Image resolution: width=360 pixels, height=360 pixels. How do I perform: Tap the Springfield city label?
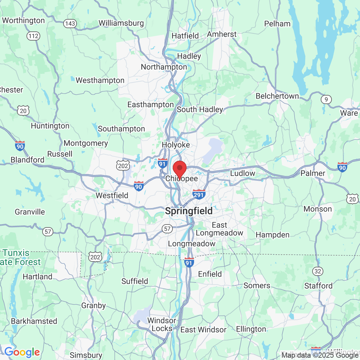(x=189, y=211)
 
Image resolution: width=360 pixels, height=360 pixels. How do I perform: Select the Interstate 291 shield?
(x=199, y=195)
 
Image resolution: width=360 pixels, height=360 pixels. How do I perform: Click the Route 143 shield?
(x=70, y=24)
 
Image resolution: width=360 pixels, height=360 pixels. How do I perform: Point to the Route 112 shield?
(x=33, y=36)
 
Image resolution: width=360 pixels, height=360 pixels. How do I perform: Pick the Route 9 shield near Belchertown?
(x=326, y=99)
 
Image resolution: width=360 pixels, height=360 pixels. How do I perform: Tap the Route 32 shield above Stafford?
(x=317, y=271)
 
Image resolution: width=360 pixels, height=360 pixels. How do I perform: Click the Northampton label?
(x=164, y=67)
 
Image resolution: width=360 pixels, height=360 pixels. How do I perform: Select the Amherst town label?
(x=222, y=34)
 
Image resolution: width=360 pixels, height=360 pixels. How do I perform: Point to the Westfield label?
(x=112, y=196)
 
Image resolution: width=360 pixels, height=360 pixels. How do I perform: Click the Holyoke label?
(x=176, y=145)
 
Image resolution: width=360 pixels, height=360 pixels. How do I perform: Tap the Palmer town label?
(x=313, y=173)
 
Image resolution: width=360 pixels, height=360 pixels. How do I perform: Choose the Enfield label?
(x=210, y=274)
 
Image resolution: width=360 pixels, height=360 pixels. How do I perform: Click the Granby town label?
(x=94, y=306)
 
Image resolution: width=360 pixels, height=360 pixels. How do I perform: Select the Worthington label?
(x=24, y=21)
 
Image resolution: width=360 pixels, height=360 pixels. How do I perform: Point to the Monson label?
(x=317, y=209)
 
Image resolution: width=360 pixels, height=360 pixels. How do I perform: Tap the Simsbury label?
(x=86, y=355)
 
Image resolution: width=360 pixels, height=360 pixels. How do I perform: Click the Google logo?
(x=22, y=352)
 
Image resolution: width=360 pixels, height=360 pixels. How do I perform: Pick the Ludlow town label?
(x=243, y=173)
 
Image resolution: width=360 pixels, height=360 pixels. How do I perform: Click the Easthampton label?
(x=151, y=105)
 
